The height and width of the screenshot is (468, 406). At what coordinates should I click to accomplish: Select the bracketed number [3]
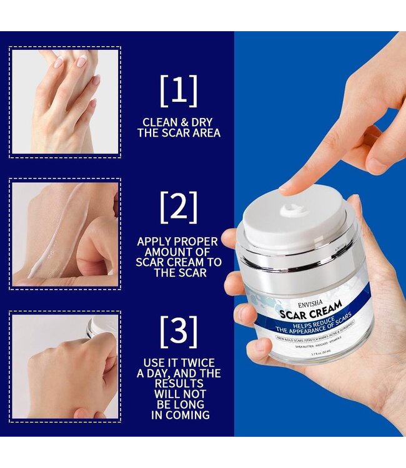(x=179, y=331)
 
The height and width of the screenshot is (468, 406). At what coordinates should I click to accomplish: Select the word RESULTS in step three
(x=179, y=384)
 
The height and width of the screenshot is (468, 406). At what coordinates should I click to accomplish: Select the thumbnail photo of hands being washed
(x=65, y=102)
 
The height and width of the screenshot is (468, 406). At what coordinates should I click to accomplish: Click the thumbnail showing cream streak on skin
(x=65, y=233)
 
